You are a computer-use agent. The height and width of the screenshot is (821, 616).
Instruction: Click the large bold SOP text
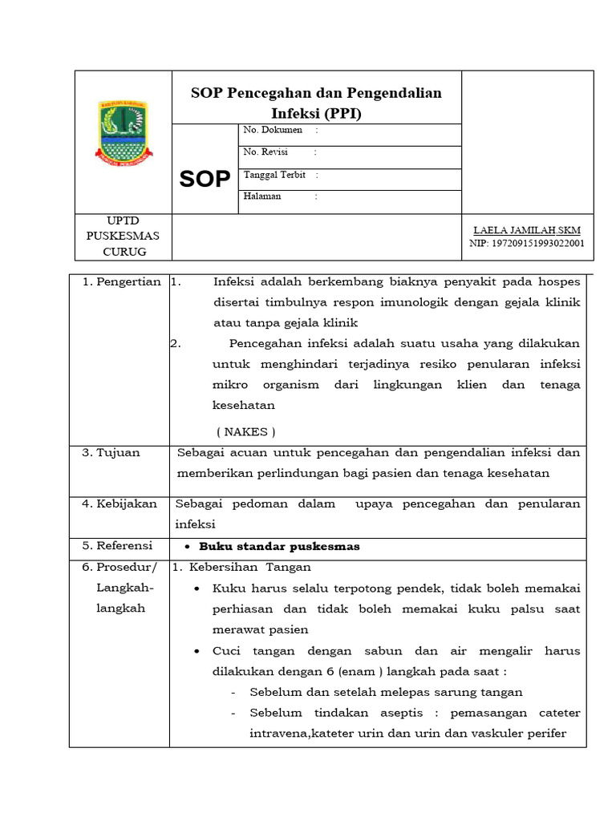pos(205,179)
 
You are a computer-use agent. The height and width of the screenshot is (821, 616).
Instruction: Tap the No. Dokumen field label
pos(273,130)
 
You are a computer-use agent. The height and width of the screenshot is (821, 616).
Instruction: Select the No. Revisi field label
pos(265,152)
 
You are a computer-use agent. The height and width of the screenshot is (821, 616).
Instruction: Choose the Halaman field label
pos(262,196)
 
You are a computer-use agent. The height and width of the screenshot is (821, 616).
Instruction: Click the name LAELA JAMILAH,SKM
pos(526,231)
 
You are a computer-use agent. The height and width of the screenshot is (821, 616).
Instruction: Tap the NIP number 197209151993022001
pos(526,244)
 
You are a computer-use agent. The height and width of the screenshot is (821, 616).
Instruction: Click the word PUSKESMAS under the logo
pos(124,236)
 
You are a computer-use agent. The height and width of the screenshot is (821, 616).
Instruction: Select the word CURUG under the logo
pos(124,252)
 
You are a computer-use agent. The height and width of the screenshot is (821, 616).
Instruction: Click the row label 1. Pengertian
pos(122,281)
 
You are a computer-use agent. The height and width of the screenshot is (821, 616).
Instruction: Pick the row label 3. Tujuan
pos(111,452)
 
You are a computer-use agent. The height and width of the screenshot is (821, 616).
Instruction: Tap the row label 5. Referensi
pos(119,546)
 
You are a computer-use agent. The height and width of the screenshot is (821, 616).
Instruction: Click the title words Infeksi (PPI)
pos(316,114)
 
